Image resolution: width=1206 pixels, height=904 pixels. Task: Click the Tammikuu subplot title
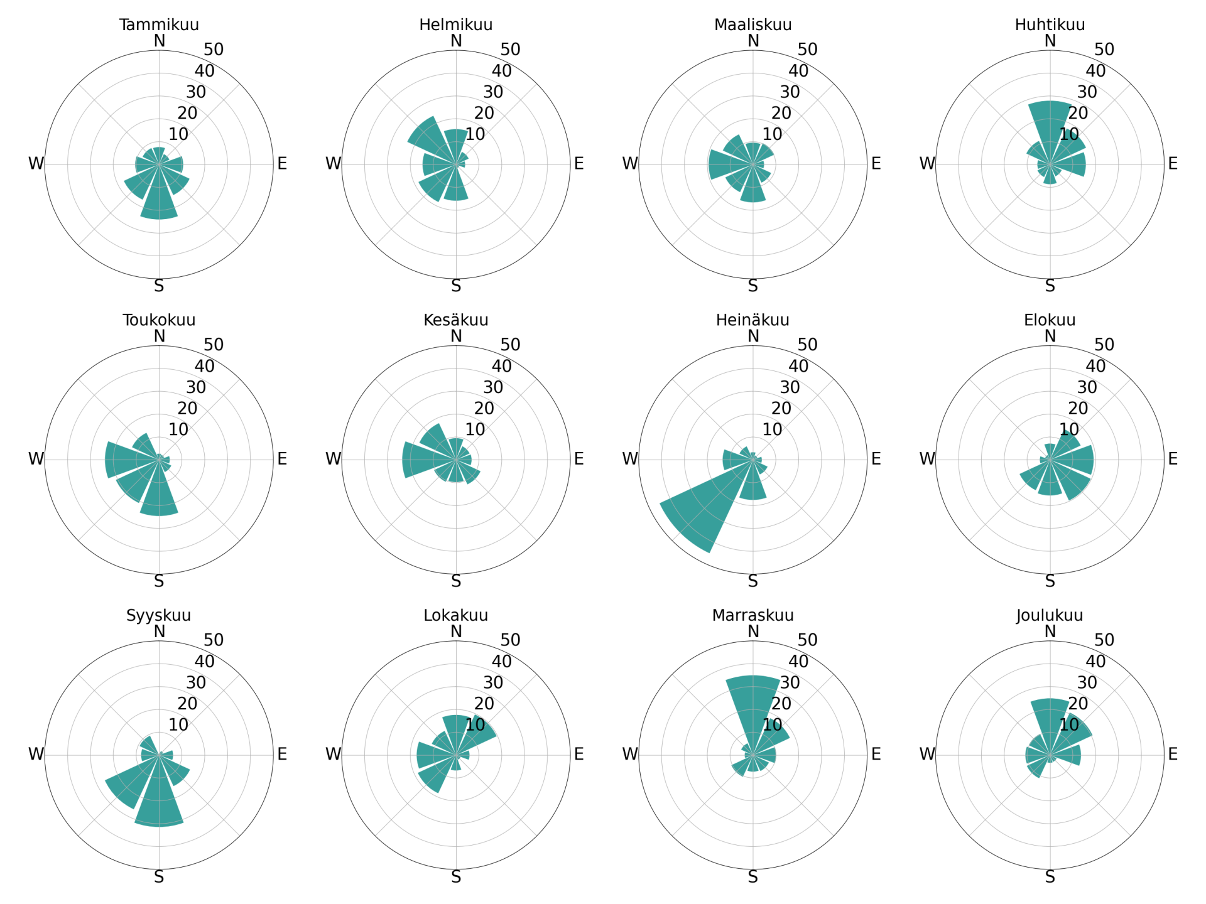(159, 24)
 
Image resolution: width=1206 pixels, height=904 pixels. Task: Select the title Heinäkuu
(752, 320)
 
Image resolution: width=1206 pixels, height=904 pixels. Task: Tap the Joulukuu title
(1050, 615)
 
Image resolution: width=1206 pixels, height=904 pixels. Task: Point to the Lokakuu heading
(455, 615)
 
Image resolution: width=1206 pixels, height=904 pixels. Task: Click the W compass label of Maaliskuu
(630, 164)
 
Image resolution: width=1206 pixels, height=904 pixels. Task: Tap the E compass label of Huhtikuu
(1173, 164)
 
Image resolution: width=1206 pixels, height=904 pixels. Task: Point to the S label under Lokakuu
(456, 877)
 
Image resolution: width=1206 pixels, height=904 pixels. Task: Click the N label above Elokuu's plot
(1050, 336)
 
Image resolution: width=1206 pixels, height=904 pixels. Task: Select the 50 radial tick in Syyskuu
(214, 640)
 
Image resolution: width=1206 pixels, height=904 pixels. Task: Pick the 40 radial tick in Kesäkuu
(501, 366)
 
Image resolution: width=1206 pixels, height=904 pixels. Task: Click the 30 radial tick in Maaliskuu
(790, 92)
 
